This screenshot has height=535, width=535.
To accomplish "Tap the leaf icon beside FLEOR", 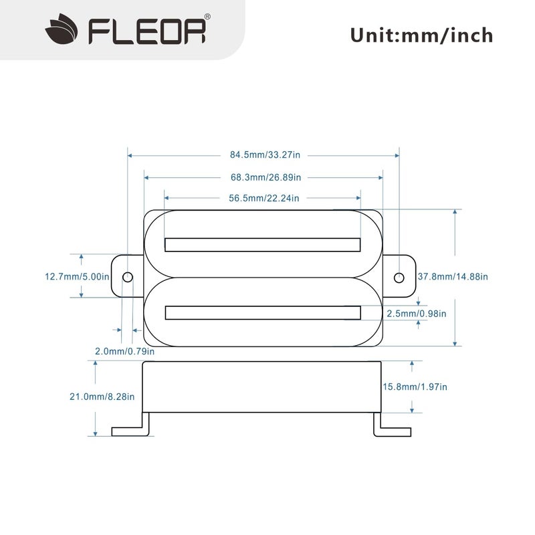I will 65,31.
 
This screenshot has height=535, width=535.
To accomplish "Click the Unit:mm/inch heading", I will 421,35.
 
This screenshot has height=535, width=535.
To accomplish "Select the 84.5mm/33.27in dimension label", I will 265,155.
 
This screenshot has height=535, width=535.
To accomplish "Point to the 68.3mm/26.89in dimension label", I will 265,178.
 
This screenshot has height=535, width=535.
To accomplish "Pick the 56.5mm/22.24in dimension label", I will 263,198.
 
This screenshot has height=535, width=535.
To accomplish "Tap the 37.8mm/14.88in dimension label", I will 453,276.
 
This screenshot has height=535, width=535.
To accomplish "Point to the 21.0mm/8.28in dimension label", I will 102,396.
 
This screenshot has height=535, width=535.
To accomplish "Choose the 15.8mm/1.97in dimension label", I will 415,387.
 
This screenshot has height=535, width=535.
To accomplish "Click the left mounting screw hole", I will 128,277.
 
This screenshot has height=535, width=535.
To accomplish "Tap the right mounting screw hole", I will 399,277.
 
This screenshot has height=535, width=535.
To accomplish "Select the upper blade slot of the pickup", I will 263,245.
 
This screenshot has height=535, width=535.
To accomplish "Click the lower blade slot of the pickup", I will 263,312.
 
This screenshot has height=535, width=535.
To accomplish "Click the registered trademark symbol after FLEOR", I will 207,17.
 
